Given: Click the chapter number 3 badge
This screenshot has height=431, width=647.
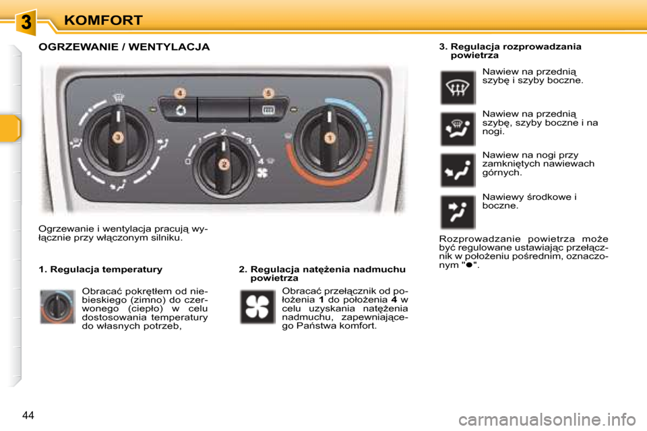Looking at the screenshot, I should (26, 22).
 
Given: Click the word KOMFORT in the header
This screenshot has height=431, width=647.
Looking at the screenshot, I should (104, 20).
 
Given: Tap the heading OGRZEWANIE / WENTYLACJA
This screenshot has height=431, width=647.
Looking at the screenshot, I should (124, 47).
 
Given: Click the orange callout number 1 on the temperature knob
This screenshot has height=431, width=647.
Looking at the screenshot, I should (330, 138).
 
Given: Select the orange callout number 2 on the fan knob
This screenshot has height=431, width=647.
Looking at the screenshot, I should (224, 164).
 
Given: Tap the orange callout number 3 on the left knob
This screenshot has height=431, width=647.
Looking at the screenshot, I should (117, 137).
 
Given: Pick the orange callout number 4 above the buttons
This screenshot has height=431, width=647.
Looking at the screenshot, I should (181, 92).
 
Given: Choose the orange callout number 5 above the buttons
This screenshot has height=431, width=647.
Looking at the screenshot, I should (268, 92).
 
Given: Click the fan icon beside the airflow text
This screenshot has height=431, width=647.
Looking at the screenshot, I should (257, 306).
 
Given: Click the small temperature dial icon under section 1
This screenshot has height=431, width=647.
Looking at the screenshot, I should (57, 306).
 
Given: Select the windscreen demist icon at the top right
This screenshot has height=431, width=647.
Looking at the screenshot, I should (458, 88).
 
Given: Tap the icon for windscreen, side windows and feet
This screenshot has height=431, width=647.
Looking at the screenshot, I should (458, 129).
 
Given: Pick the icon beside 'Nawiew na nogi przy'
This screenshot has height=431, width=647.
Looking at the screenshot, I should (458, 170).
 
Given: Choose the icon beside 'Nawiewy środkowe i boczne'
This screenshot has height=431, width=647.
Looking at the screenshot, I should (458, 211).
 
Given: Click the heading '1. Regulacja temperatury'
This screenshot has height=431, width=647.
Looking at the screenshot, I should (100, 269).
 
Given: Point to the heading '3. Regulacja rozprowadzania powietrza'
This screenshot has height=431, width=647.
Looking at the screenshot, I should (510, 51).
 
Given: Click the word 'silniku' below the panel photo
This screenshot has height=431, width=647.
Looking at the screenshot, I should (166, 237).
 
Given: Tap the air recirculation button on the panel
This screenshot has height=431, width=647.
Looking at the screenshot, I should (181, 109).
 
